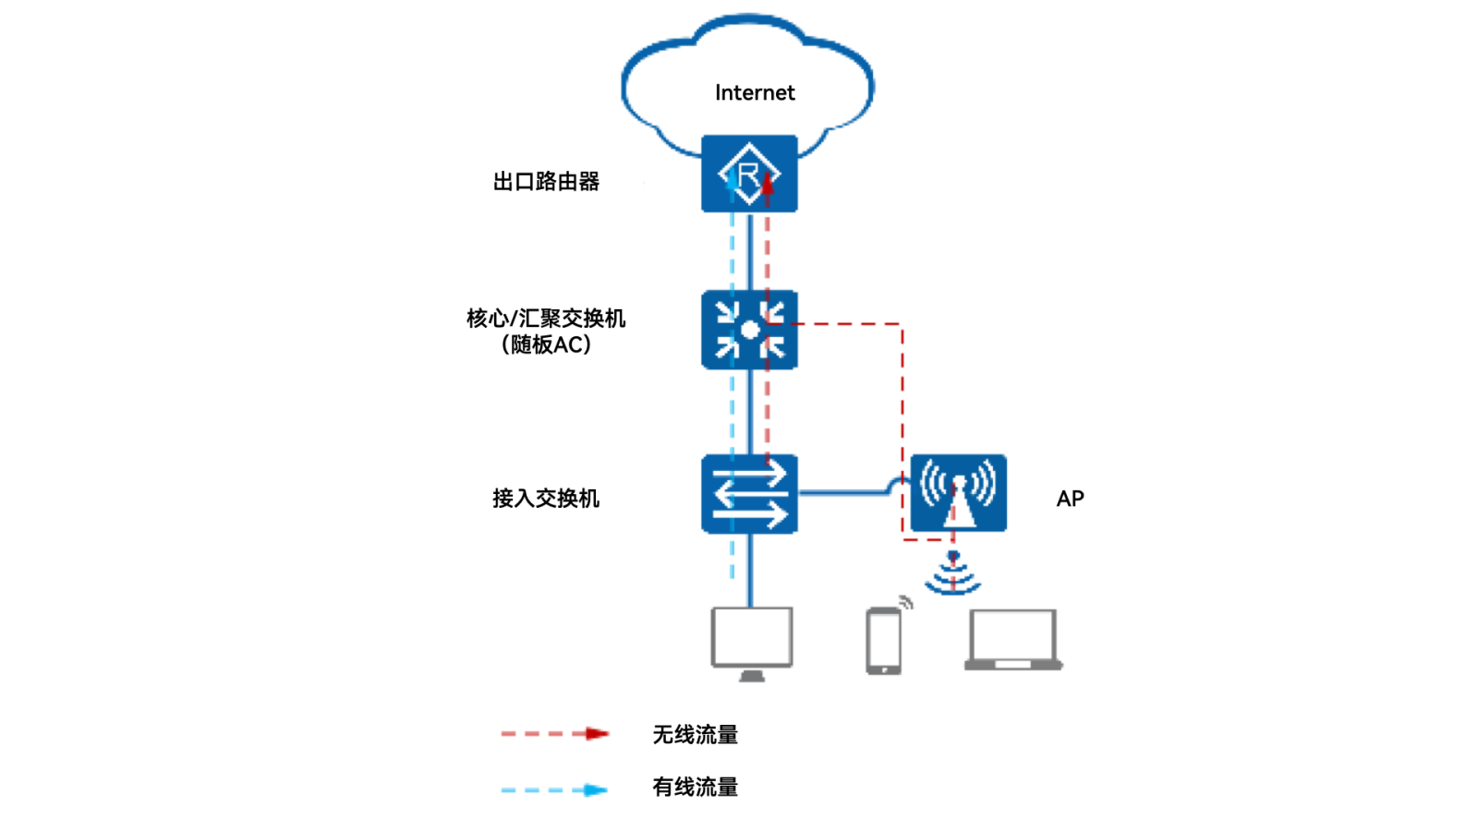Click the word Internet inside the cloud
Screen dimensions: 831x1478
pos(754,92)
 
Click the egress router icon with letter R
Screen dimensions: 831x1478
pos(749,173)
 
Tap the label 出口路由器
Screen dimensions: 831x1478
pos(545,181)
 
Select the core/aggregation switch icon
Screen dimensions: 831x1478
pos(749,330)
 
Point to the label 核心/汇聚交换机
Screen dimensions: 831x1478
pos(545,318)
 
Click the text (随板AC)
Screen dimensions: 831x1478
pos(545,344)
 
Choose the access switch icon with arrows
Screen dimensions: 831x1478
pos(749,493)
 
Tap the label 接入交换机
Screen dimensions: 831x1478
pos(545,498)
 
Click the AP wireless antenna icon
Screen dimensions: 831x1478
pos(958,492)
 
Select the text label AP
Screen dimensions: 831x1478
pos(1070,499)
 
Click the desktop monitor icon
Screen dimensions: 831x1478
pos(751,639)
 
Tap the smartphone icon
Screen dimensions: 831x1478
pos(883,640)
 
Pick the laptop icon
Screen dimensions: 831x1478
pos(1012,639)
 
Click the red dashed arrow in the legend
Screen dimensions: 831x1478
pos(554,733)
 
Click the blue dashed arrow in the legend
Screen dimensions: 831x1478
pos(554,789)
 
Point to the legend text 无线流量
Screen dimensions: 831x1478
pos(695,734)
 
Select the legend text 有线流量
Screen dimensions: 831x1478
pos(695,787)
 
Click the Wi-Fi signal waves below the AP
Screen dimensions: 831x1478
pos(952,574)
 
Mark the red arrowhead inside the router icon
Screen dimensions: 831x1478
pos(767,185)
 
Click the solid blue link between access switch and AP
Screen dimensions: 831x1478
pos(845,492)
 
